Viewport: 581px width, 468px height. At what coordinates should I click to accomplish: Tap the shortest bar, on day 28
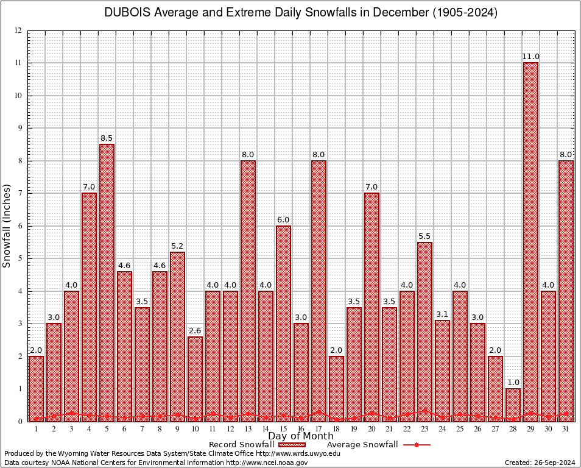point(513,405)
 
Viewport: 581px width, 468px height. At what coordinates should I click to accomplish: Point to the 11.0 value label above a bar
point(530,57)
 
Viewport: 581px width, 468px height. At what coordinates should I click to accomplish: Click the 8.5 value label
point(107,138)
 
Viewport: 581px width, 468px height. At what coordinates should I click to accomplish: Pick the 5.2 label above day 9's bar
point(177,246)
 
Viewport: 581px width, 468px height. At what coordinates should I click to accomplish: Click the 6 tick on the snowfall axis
point(19,226)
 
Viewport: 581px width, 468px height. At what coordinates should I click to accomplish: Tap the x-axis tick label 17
point(319,429)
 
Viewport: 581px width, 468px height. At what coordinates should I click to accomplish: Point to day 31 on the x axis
point(566,429)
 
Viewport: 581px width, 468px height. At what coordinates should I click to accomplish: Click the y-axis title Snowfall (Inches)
point(7,225)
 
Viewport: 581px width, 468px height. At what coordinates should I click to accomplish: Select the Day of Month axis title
point(300,436)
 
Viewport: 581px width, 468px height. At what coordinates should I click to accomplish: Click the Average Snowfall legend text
point(362,445)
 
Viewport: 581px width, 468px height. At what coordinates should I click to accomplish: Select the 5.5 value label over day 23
point(424,236)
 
